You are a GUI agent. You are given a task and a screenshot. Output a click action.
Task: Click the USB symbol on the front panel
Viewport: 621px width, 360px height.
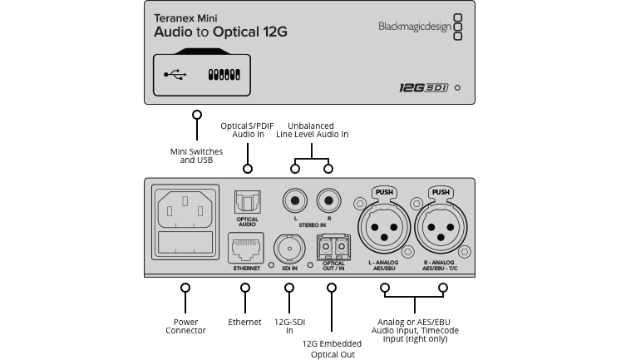point(175,74)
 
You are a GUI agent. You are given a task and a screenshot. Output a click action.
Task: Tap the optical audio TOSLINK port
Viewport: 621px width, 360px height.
point(248,202)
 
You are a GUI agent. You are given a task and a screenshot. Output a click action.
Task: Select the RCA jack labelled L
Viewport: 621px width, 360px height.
point(295,200)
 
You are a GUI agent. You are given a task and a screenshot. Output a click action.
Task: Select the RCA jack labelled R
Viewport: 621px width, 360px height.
point(328,200)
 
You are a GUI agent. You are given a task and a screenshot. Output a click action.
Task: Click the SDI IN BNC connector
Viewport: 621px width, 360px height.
point(288,248)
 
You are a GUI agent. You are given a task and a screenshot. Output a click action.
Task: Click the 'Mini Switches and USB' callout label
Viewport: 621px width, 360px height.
point(196,155)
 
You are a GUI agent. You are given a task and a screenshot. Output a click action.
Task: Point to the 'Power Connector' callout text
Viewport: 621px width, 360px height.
point(185,326)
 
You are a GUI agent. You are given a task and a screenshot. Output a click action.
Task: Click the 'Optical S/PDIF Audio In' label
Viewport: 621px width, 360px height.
point(248,130)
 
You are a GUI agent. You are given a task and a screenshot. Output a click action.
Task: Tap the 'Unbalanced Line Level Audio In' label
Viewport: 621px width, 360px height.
point(312,129)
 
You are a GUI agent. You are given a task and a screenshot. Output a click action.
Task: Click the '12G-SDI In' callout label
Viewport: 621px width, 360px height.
point(289,326)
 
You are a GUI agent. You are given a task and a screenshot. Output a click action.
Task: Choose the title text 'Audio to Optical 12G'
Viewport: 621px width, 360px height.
point(220,32)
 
